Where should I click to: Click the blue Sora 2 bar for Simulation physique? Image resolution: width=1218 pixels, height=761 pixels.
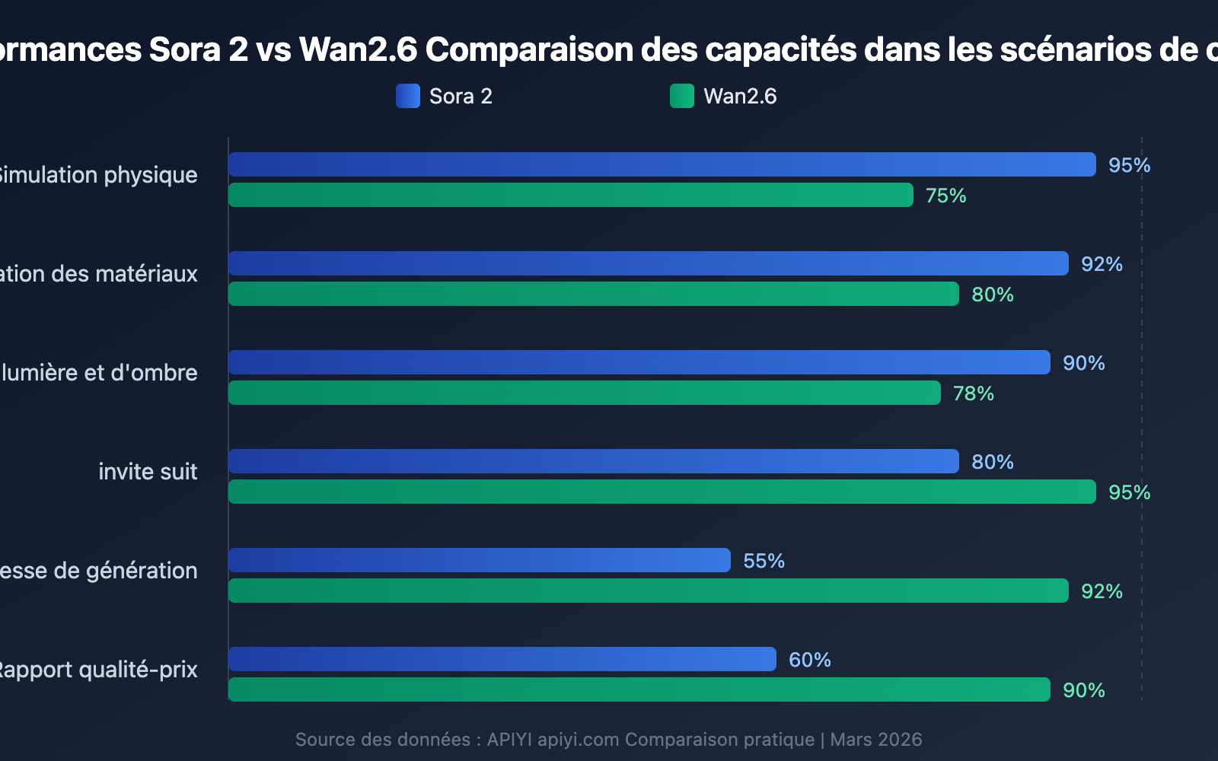pos(662,164)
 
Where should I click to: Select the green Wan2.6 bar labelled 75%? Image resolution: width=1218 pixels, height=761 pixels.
pos(571,195)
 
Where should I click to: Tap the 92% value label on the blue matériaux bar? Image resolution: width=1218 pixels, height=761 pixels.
pos(1102,264)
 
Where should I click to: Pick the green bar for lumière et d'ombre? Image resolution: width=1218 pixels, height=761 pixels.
pos(585,393)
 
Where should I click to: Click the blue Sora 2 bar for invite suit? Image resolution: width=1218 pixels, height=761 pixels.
pos(594,461)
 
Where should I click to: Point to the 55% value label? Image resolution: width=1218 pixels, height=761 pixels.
pos(764,561)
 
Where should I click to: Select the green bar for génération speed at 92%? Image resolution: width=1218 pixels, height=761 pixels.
pos(649,591)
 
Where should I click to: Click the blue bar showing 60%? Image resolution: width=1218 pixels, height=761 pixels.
pos(502,659)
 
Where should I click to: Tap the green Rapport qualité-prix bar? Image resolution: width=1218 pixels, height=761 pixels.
pos(639,689)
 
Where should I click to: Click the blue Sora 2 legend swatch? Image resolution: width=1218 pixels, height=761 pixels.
pos(408,96)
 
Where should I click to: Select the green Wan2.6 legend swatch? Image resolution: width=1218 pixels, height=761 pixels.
pos(682,96)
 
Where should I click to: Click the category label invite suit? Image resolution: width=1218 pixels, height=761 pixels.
pos(148,472)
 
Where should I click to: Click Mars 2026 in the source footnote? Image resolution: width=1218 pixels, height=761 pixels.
pos(875,740)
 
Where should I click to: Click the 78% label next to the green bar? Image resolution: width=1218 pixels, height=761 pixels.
pos(973,393)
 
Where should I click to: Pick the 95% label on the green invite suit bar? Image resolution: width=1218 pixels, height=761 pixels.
pos(1129,492)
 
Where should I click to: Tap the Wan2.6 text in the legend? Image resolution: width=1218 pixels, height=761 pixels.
pos(740,97)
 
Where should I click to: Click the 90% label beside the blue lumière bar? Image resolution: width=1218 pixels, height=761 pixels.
pos(1083,363)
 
